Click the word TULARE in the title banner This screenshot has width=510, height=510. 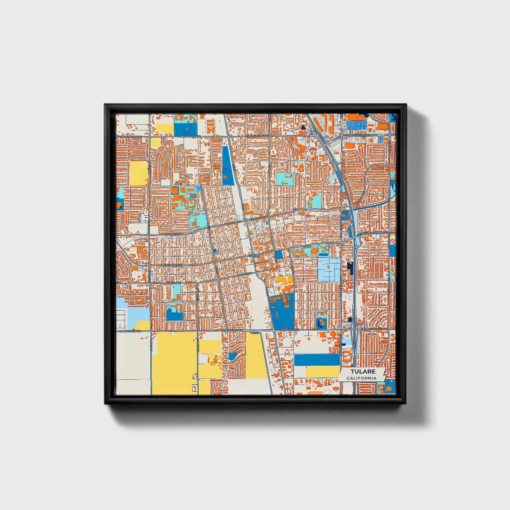(x=362, y=372)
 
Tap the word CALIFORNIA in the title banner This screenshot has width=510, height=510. (x=361, y=378)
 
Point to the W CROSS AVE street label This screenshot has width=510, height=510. (x=174, y=234)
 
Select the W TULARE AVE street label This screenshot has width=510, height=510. (x=173, y=265)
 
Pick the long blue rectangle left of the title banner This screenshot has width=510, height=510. (x=317, y=360)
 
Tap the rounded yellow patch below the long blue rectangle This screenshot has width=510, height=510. (x=323, y=372)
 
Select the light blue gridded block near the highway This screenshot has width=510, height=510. (x=329, y=269)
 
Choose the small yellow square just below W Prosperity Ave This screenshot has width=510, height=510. (x=155, y=142)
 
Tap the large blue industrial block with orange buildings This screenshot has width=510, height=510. (x=282, y=311)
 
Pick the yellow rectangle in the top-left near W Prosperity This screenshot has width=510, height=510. (x=165, y=128)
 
